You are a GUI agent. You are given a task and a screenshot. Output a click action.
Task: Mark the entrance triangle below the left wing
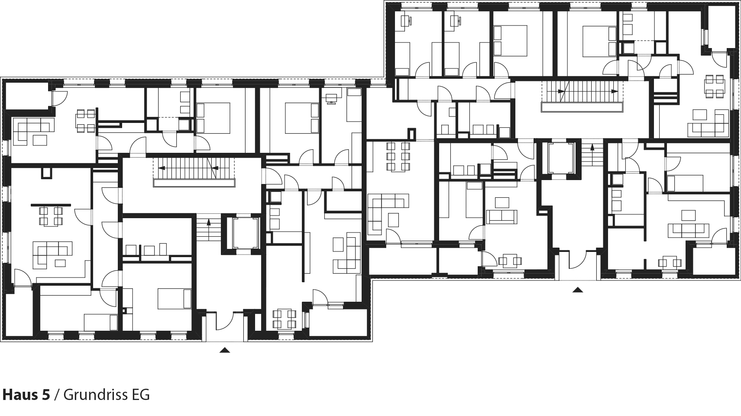[x=224, y=350]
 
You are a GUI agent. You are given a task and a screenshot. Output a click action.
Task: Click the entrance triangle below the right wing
[x=577, y=290]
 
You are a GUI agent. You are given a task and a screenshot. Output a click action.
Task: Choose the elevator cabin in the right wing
[x=560, y=158]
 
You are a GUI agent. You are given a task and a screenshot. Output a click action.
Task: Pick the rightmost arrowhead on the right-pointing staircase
[x=615, y=91]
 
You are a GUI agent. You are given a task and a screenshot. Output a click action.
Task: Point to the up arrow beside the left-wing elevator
[x=209, y=223]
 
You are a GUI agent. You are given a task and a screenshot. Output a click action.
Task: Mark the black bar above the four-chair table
[x=51, y=204]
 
